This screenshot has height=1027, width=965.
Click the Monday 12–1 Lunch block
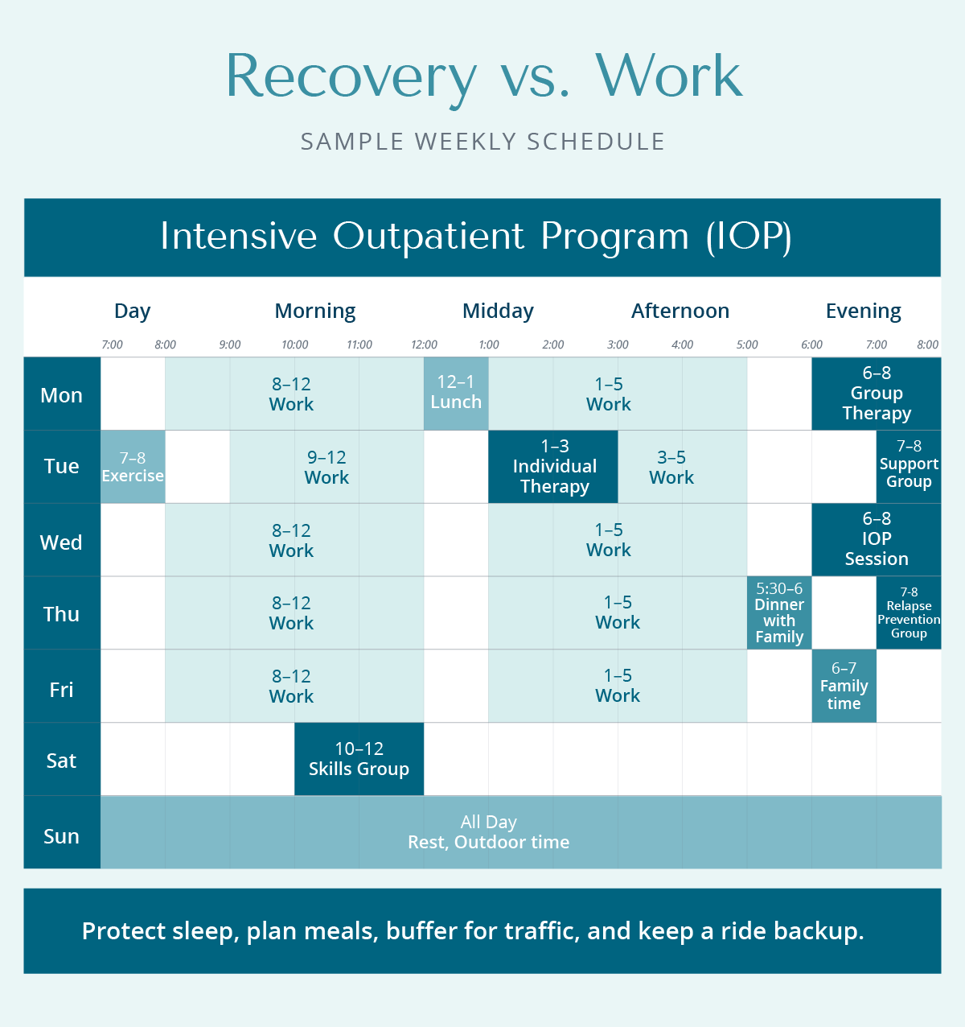pos(456,393)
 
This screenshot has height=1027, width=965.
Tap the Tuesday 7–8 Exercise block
pos(133,467)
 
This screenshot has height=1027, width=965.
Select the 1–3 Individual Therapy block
pos(553,467)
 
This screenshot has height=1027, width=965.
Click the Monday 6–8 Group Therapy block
pos(876,394)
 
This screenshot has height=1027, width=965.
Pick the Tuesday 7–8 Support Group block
pos(909,467)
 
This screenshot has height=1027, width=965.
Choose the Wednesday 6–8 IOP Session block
pos(876,539)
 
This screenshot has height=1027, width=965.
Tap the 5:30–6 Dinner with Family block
pos(779,612)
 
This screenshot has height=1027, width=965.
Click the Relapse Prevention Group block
pos(909,612)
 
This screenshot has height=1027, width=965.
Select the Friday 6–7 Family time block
pos(844,686)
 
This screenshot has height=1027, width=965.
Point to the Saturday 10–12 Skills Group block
pos(359,759)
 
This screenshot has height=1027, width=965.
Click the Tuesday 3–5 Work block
pos(671,468)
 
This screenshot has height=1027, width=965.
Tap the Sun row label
pos(62,836)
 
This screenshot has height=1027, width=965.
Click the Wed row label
pos(62,542)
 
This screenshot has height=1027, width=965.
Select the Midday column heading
pos(498,311)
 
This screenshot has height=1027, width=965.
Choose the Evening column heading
pos(863,311)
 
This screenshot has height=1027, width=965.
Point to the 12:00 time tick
pos(424,344)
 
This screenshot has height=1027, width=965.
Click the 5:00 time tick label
pos(747,344)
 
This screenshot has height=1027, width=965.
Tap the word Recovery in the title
pos(351,77)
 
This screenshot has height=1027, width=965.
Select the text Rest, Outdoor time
pos(488,843)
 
